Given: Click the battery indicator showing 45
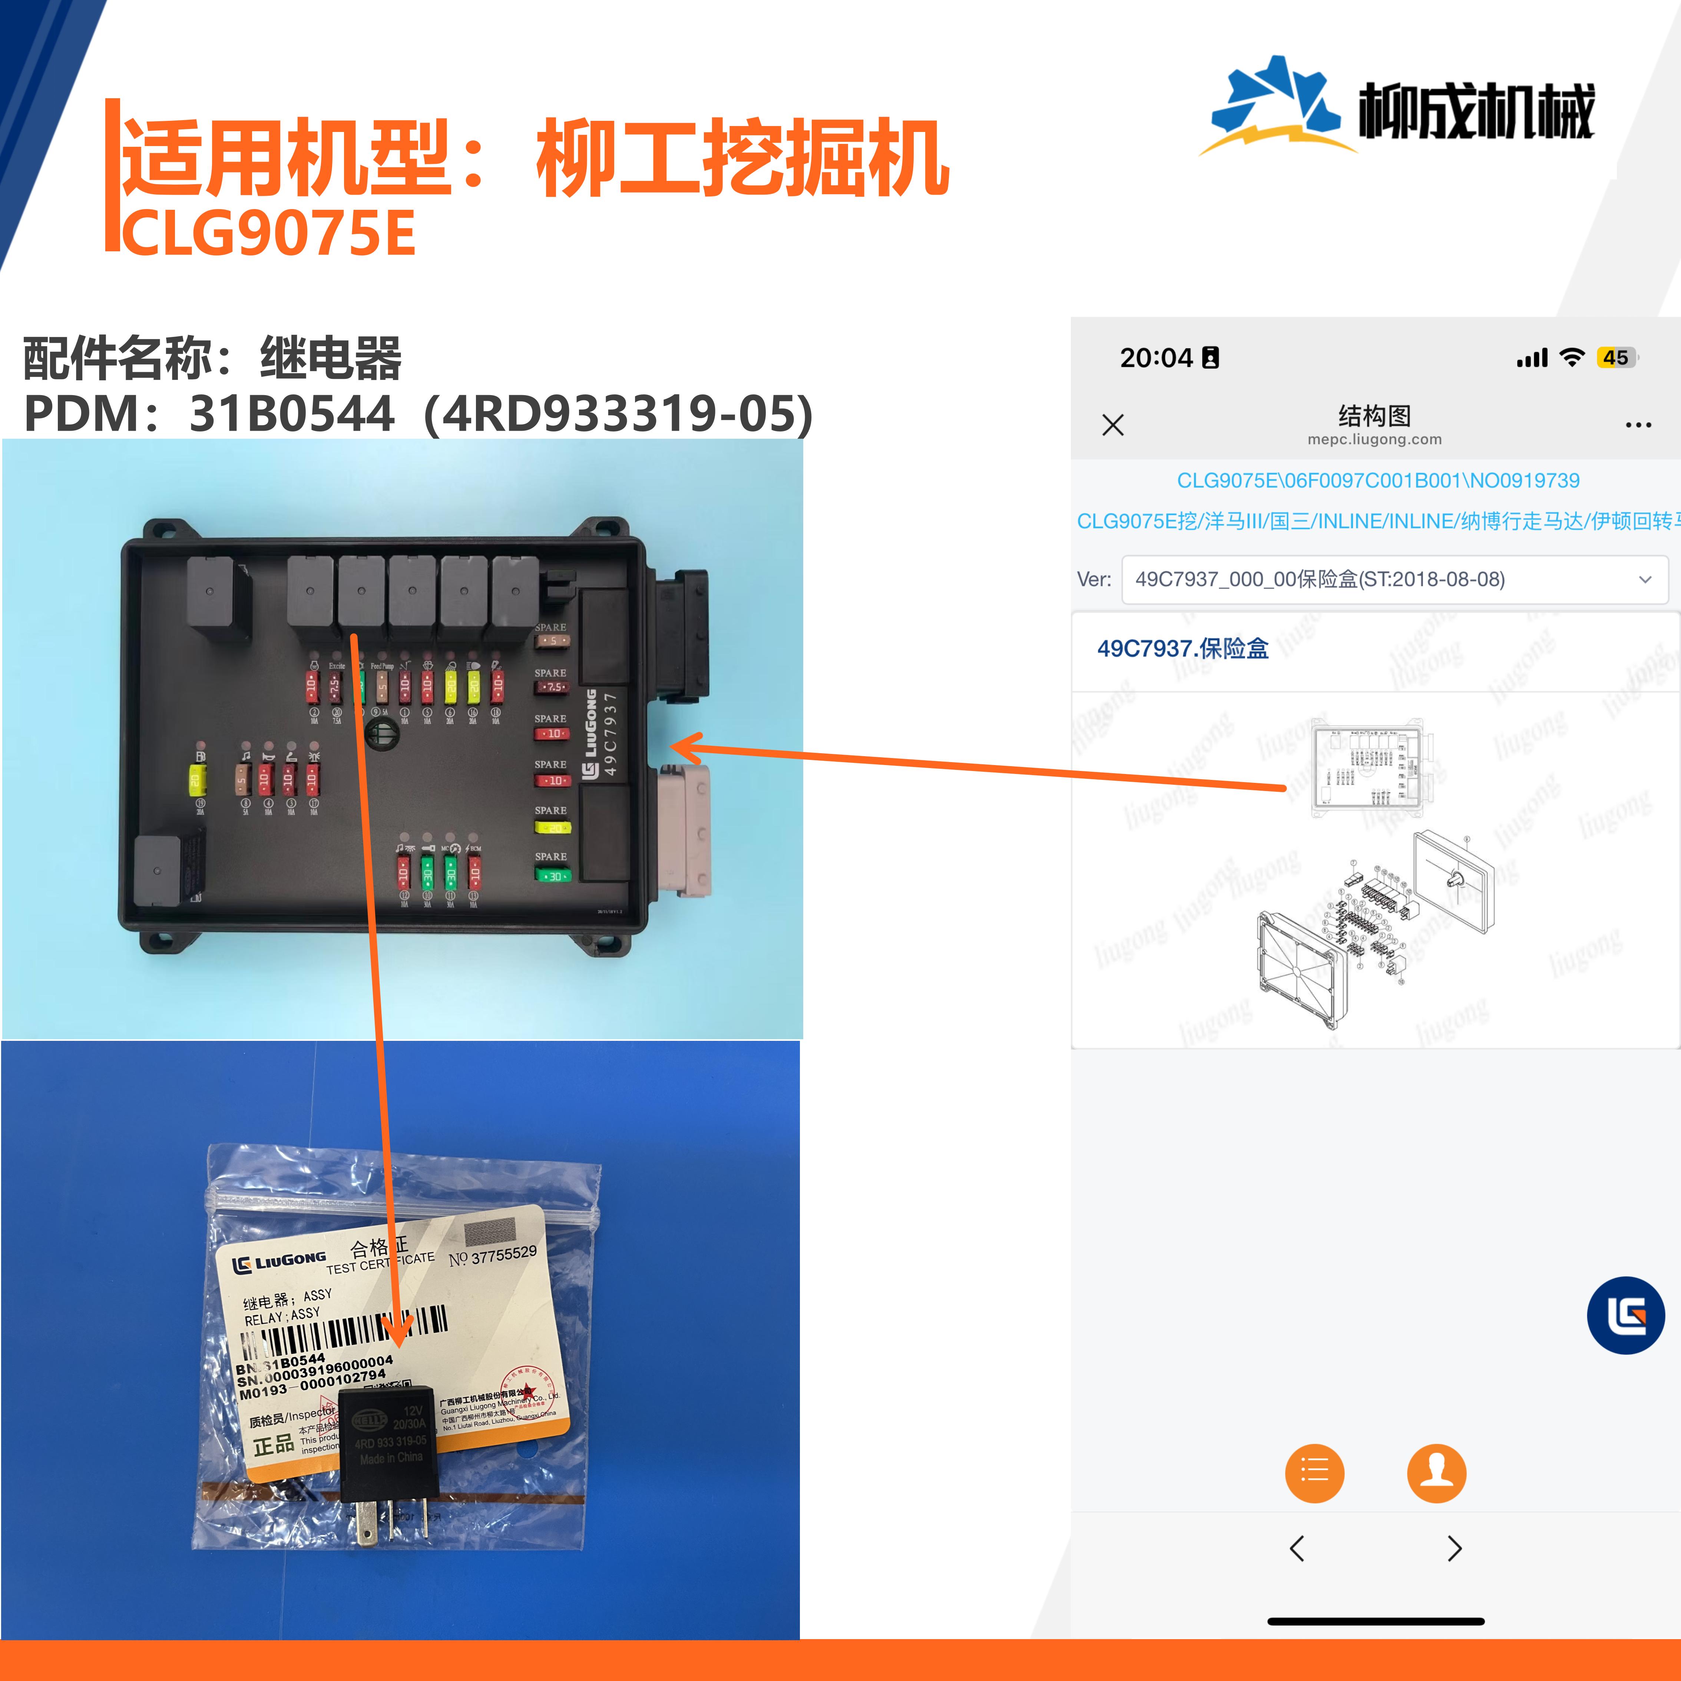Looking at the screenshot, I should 1616,358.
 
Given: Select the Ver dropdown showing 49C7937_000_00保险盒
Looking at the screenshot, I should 1394,579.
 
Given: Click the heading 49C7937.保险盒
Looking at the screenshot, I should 1182,648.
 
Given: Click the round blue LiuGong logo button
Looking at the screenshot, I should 1625,1315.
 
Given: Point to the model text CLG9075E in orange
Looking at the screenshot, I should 268,233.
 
